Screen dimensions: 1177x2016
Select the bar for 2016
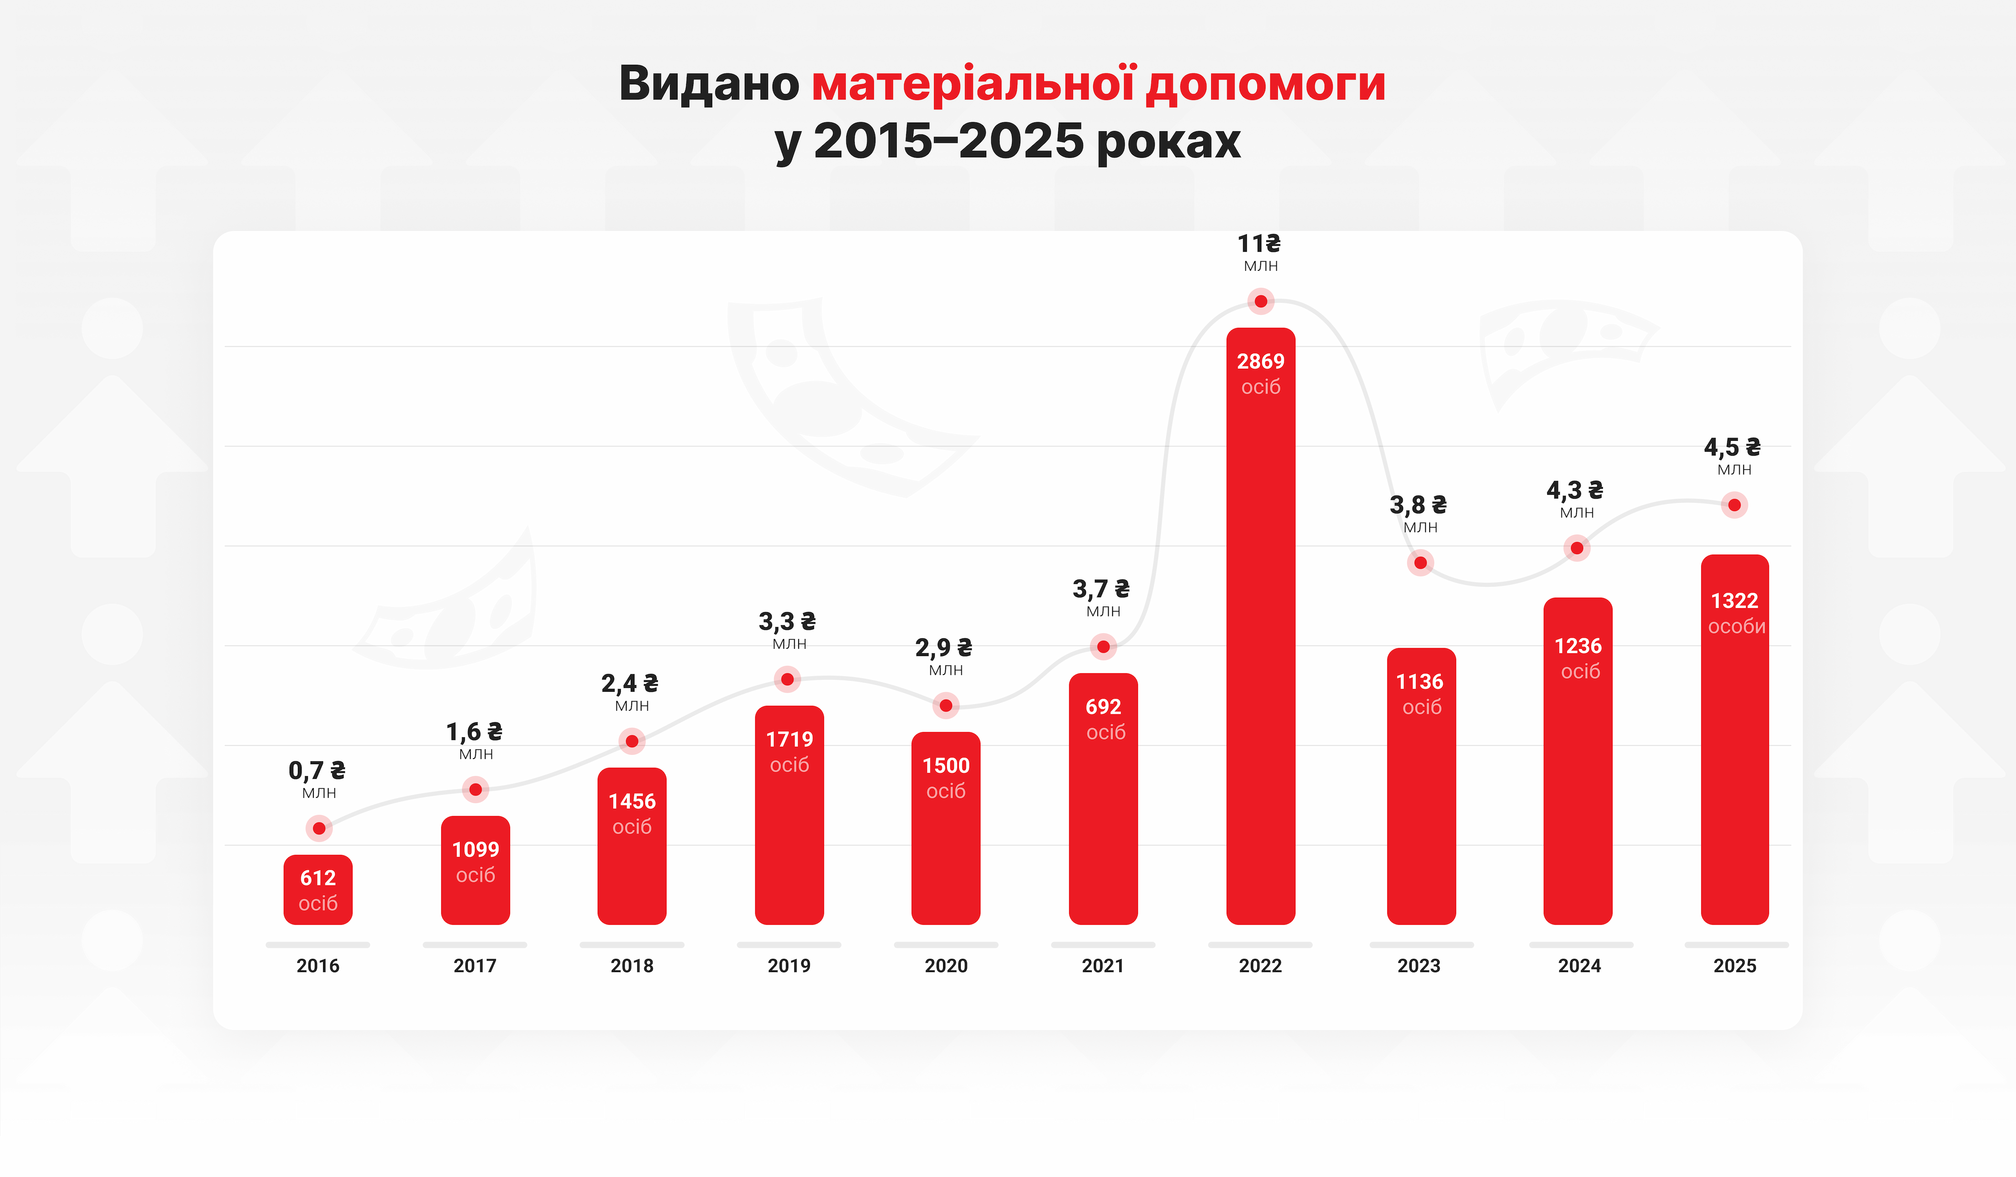click(318, 890)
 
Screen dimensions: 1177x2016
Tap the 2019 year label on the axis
click(789, 966)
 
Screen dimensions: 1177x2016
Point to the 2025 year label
click(1735, 966)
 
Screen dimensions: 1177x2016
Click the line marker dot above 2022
click(1261, 302)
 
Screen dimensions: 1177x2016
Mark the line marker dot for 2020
click(946, 706)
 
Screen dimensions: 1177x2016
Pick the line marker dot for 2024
click(1577, 548)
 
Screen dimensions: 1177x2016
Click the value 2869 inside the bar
click(1261, 362)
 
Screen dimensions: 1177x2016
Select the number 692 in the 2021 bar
click(1103, 707)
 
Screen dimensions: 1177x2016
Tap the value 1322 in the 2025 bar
click(1735, 601)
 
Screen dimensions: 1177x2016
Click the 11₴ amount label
click(1259, 243)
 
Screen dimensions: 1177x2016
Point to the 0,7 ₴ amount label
click(317, 771)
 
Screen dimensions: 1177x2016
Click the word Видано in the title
click(709, 83)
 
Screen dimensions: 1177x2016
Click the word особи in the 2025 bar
click(1736, 626)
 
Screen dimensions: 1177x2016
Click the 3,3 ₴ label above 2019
click(787, 622)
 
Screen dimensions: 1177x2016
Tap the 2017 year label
click(475, 966)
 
